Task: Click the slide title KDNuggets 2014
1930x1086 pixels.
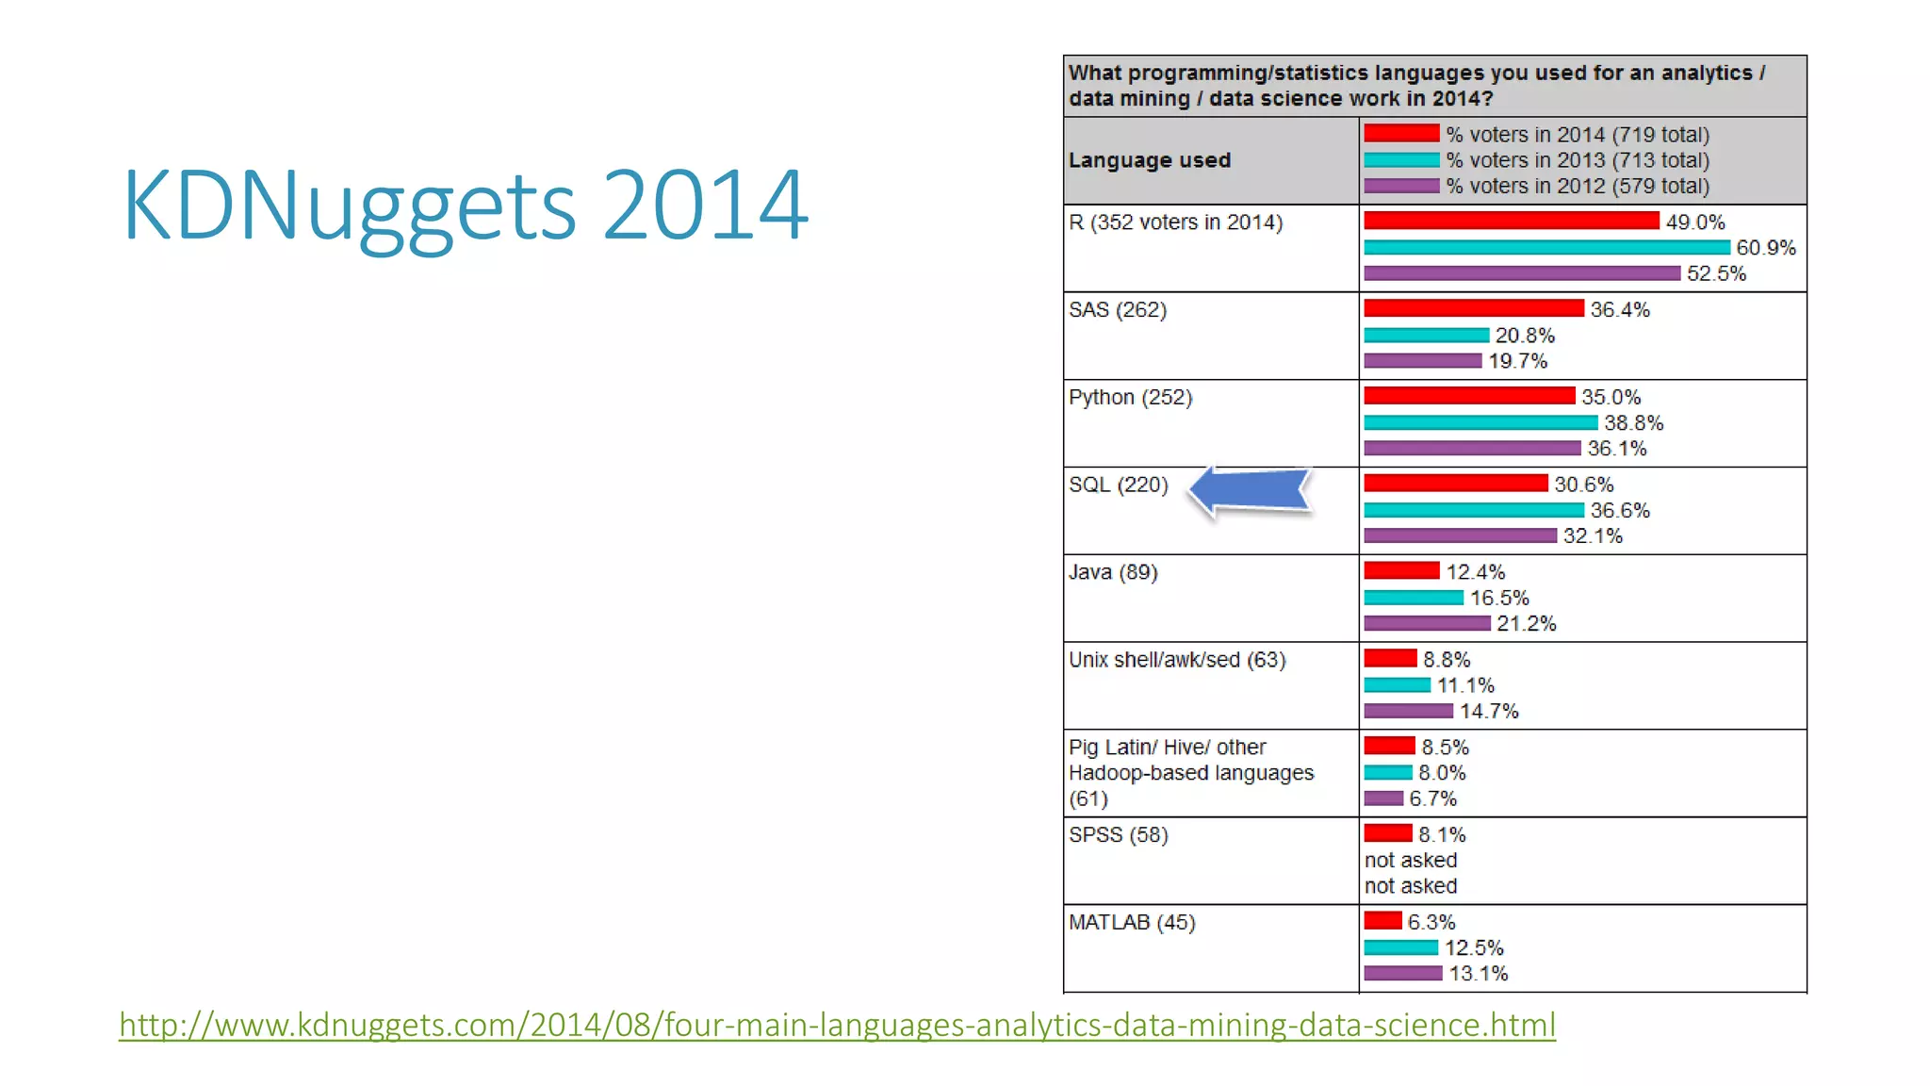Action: coord(465,206)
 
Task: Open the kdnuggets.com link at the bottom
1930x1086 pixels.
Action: coord(837,1025)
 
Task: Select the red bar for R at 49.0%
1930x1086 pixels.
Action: coord(1511,221)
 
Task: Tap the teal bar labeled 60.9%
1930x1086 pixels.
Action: coord(1546,248)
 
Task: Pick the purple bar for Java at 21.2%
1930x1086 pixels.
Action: coord(1427,623)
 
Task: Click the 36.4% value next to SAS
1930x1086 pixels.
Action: coord(1620,309)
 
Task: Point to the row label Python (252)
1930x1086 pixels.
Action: coord(1130,397)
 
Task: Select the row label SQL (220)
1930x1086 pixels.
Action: coord(1118,485)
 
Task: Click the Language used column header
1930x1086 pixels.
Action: coord(1150,160)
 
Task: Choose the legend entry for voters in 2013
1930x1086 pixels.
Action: coord(1578,160)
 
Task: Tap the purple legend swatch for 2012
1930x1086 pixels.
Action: coord(1401,186)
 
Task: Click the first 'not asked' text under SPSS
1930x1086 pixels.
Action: coord(1411,860)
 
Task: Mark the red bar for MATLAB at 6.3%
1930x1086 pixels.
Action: coord(1382,921)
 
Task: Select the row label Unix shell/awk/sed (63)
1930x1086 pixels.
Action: coord(1177,659)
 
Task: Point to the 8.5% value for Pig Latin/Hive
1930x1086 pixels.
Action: coord(1445,747)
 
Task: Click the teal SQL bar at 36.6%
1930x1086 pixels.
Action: coord(1473,510)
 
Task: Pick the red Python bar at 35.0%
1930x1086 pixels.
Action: coord(1469,396)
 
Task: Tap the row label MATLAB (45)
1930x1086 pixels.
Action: coord(1132,922)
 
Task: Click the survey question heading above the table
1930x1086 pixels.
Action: coord(1416,86)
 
